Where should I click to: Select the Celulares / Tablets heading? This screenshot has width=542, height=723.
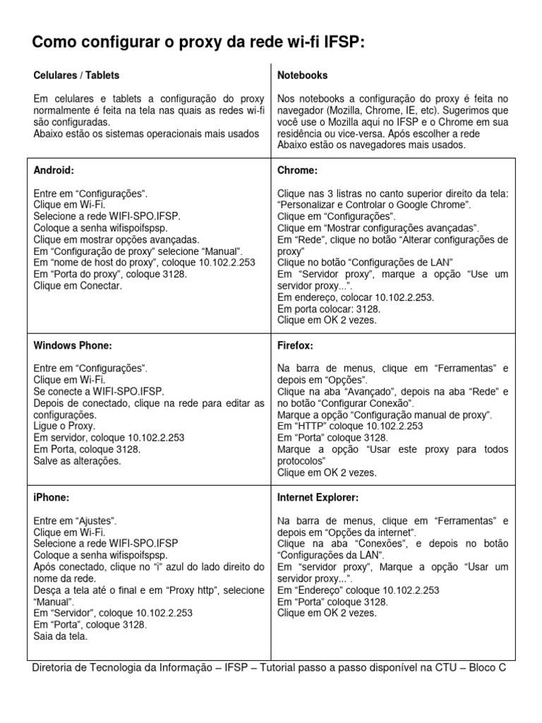click(x=77, y=76)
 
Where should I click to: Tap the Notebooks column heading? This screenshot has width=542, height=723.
click(x=303, y=76)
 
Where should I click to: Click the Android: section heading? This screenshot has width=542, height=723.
click(x=54, y=170)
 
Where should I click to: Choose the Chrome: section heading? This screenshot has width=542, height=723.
click(x=298, y=170)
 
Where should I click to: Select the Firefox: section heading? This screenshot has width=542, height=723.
click(x=296, y=346)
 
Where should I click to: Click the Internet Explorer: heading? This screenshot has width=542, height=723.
click(x=318, y=498)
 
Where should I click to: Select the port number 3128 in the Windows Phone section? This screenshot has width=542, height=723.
click(x=127, y=449)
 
